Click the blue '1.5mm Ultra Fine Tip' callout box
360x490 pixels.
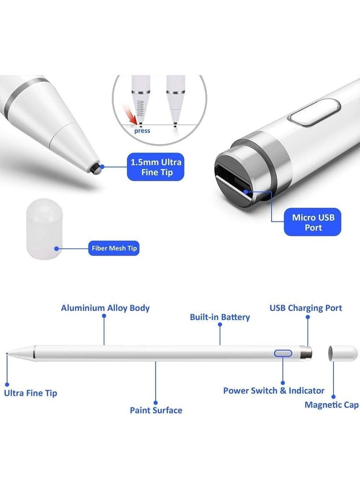click(x=155, y=167)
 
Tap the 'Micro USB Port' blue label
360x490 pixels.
click(x=312, y=222)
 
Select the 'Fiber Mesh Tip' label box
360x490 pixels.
click(x=114, y=248)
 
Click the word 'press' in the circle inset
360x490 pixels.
click(x=142, y=131)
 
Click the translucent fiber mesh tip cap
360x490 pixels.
click(x=44, y=229)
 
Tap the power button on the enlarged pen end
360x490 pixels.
click(x=315, y=112)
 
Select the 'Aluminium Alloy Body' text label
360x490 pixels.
click(x=105, y=308)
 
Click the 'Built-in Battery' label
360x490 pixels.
click(x=220, y=317)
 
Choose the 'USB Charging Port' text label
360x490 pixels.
click(x=306, y=308)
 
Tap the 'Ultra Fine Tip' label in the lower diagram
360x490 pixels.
click(x=30, y=393)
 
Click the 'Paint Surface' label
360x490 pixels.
click(x=156, y=410)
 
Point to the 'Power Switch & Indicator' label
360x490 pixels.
click(x=274, y=391)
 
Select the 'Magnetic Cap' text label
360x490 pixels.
click(x=332, y=405)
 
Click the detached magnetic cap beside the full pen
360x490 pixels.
click(x=343, y=353)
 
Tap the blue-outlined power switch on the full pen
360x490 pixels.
click(x=283, y=353)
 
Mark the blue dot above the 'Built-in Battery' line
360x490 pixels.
click(x=220, y=325)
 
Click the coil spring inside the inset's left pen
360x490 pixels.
click(x=140, y=108)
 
